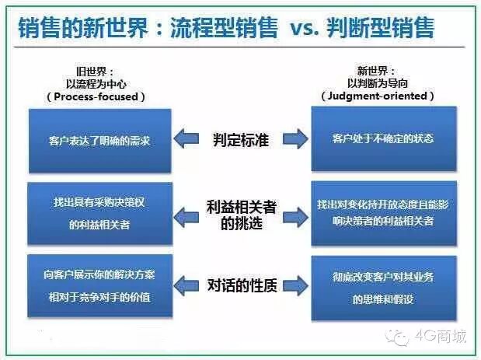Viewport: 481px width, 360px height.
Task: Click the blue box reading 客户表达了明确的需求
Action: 99,140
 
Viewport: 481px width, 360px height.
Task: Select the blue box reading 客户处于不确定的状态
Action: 382,139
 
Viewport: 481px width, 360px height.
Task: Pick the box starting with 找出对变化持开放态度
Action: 382,212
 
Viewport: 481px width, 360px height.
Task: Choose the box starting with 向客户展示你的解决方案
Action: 99,285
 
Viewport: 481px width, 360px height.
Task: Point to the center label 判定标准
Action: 241,140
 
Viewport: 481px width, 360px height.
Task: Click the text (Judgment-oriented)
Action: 378,96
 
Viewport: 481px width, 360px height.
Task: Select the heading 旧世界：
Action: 97,69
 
